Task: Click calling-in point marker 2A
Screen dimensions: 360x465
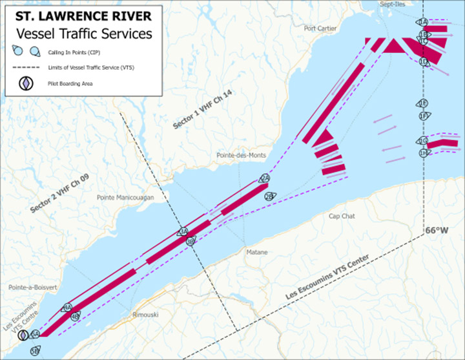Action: pyautogui.click(x=264, y=179)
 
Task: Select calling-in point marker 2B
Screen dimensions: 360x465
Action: pyautogui.click(x=269, y=196)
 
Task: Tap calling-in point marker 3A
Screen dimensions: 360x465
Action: pyautogui.click(x=183, y=231)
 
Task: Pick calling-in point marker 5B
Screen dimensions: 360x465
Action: pyautogui.click(x=35, y=350)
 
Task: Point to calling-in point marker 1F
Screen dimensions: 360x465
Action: pyautogui.click(x=424, y=116)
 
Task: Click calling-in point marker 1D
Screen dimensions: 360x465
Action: pyautogui.click(x=424, y=61)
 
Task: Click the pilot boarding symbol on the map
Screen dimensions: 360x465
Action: pyautogui.click(x=23, y=335)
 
